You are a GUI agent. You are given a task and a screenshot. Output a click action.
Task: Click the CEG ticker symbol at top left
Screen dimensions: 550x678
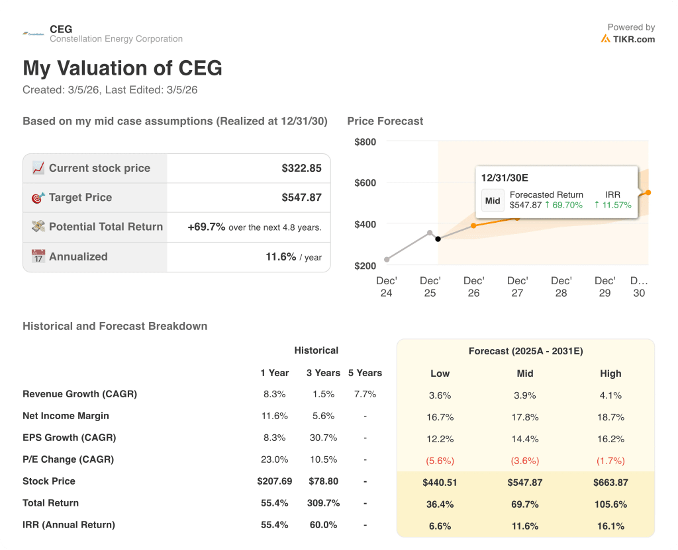[61, 29]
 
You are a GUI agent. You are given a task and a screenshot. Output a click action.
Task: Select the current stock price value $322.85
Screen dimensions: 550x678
[301, 168]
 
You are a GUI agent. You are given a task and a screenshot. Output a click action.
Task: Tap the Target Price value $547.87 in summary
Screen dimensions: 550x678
[301, 197]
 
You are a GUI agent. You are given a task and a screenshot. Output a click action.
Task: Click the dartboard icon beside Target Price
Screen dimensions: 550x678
[38, 198]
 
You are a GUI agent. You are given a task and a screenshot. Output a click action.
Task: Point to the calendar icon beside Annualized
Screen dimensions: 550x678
[38, 256]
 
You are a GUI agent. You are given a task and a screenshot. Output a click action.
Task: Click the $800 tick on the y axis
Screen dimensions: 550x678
[365, 141]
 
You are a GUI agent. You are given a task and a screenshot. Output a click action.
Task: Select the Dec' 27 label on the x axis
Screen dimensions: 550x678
[517, 286]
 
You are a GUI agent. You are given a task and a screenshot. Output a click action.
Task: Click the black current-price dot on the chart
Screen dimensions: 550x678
[438, 239]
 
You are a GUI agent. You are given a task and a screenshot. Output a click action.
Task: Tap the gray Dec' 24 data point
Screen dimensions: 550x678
[387, 260]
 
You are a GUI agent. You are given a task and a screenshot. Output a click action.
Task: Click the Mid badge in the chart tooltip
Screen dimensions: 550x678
[493, 200]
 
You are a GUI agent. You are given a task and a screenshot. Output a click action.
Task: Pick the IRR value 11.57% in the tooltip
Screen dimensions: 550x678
[612, 205]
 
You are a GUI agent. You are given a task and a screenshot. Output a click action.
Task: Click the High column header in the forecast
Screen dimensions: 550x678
[610, 373]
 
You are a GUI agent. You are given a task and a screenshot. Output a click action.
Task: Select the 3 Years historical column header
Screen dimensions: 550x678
[322, 373]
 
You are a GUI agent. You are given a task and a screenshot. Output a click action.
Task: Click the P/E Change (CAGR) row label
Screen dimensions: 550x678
[68, 459]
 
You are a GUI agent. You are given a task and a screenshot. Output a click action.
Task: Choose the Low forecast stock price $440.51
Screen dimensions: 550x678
[440, 483]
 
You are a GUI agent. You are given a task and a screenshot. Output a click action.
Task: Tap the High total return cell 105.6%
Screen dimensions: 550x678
[610, 504]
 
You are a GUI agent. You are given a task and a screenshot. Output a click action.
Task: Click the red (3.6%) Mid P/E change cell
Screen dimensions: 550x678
[524, 461]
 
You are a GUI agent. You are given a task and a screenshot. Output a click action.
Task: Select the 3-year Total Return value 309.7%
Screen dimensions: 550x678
[322, 503]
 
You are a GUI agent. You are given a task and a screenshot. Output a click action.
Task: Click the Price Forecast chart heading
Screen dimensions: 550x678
[385, 121]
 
